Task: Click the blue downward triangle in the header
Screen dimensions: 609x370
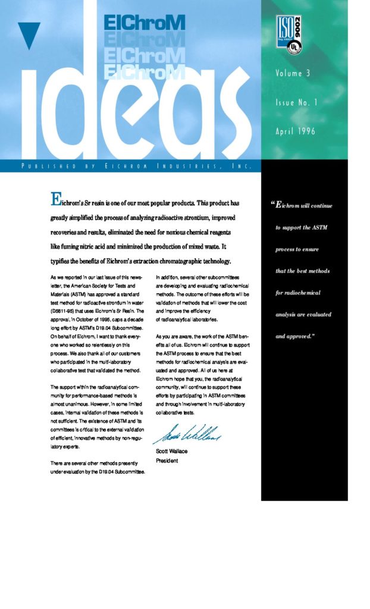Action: [29, 34]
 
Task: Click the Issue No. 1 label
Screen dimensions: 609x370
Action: [296, 102]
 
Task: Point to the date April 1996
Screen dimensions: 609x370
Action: [295, 131]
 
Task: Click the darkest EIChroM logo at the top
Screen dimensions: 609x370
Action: [145, 23]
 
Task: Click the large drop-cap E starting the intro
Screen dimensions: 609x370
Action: [58, 199]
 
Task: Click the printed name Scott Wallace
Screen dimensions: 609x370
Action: [171, 451]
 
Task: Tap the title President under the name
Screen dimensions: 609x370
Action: [167, 460]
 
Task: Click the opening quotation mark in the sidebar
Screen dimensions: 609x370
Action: [273, 205]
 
